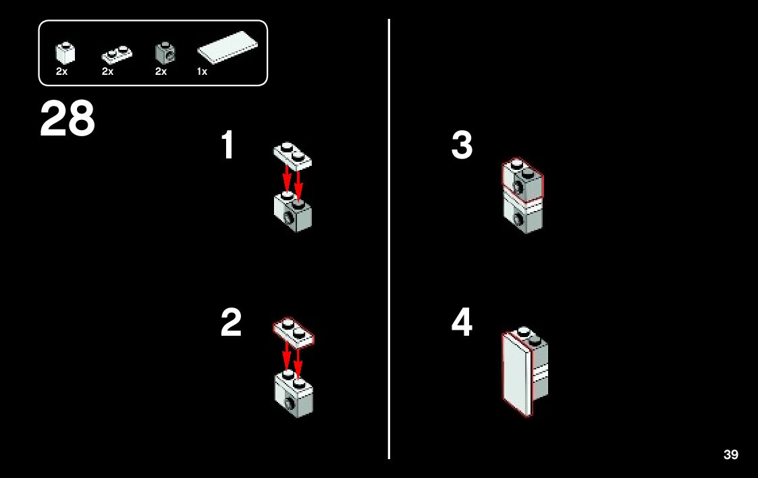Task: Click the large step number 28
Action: click(x=67, y=119)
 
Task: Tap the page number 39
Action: click(x=730, y=455)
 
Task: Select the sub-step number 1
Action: click(x=228, y=146)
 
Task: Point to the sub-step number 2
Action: click(x=231, y=323)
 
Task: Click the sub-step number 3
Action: click(x=462, y=146)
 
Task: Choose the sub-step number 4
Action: click(x=462, y=323)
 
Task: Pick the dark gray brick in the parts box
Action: click(x=163, y=53)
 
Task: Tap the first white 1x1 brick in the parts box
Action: click(x=64, y=53)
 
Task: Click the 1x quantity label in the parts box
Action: click(x=202, y=71)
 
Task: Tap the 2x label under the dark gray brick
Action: click(x=161, y=71)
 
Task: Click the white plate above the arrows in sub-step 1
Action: click(x=292, y=155)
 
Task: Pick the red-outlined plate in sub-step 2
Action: click(x=293, y=332)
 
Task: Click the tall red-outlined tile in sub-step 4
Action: click(x=518, y=374)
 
